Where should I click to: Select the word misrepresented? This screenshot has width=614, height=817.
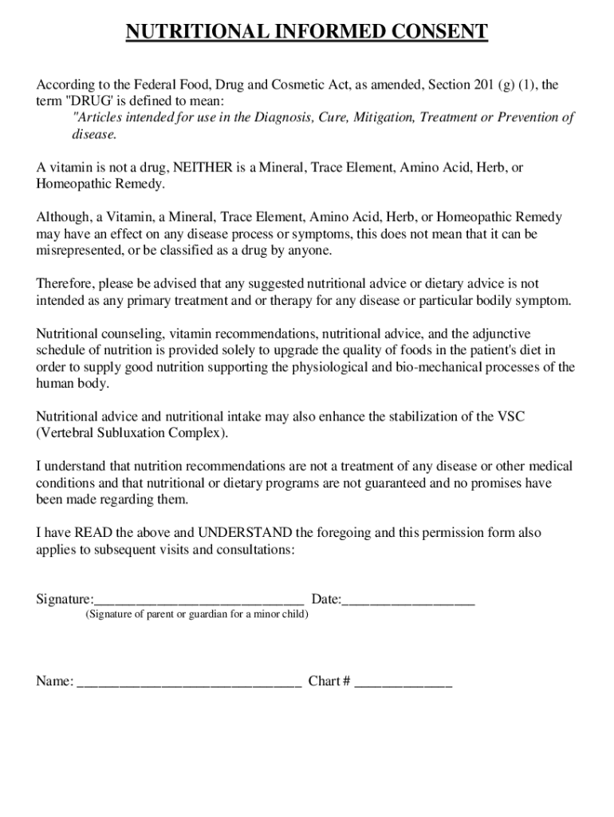click(77, 250)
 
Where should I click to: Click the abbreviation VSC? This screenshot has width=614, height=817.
click(510, 417)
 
